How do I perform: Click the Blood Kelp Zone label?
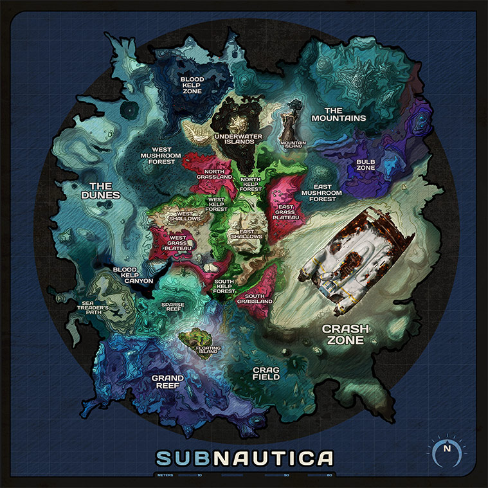[x=192, y=85]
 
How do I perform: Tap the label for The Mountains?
[x=339, y=114]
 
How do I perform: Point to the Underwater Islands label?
[x=235, y=140]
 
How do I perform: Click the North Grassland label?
[x=215, y=176]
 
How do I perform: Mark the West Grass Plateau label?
[x=174, y=244]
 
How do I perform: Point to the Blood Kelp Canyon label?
[x=132, y=275]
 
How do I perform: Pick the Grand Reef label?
[x=168, y=382]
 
